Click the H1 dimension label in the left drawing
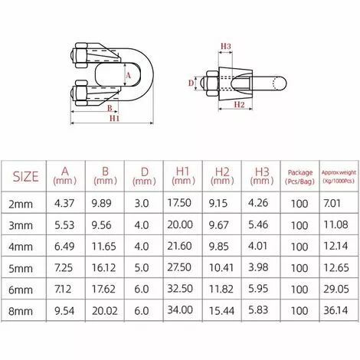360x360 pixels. click(114, 120)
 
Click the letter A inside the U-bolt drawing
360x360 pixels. click(127, 75)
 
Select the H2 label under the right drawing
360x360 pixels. click(237, 103)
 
